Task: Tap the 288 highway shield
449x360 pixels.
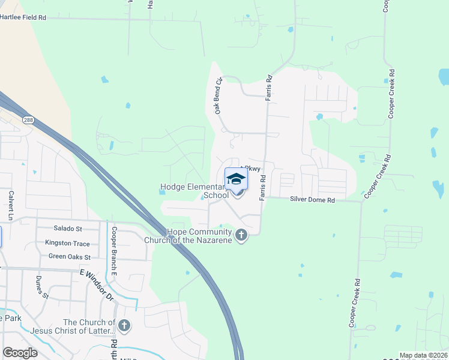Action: click(29, 120)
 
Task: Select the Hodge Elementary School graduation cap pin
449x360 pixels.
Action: click(236, 179)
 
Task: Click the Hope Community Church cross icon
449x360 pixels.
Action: click(241, 235)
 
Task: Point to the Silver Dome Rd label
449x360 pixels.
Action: click(312, 199)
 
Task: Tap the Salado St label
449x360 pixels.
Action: click(68, 229)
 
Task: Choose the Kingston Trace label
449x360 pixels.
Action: click(67, 243)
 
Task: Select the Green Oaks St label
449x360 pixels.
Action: click(69, 257)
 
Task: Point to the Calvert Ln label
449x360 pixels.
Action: click(11, 203)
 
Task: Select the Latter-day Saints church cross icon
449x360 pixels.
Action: click(124, 326)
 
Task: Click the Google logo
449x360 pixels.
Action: click(20, 353)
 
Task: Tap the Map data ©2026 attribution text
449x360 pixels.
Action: click(423, 355)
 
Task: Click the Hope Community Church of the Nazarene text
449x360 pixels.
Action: click(190, 236)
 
